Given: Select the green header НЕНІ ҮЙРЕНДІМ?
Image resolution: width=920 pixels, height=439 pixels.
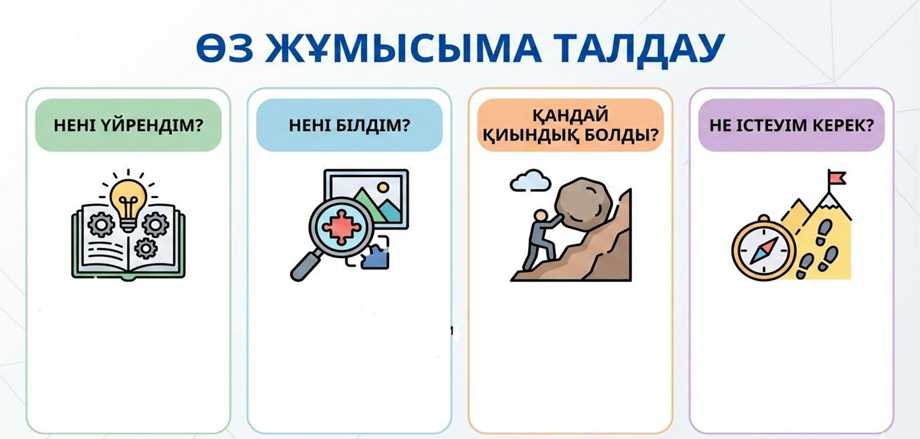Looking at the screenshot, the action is tap(128, 125).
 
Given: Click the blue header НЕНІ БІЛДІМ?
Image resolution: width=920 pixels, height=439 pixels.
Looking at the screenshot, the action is tap(349, 125).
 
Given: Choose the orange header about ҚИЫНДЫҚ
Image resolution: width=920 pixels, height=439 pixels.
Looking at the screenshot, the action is tap(570, 125).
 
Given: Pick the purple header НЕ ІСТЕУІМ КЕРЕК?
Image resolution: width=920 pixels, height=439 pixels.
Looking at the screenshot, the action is tap(792, 125).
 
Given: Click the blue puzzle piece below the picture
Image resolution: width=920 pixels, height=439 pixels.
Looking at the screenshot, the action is tap(375, 256).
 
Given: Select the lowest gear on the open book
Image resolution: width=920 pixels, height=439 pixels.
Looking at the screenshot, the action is tap(146, 248).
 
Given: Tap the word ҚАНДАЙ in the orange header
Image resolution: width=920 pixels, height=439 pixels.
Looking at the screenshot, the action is tap(571, 115).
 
